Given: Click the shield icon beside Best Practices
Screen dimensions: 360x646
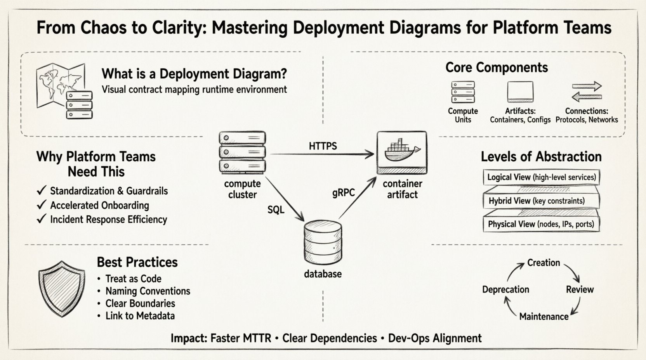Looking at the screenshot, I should [61, 289].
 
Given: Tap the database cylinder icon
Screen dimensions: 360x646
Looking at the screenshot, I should [323, 241].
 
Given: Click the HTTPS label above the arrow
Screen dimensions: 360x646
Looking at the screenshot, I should [323, 146].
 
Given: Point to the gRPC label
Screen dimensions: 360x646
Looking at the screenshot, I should [344, 192].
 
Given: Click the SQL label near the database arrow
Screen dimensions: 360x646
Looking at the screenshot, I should [276, 210].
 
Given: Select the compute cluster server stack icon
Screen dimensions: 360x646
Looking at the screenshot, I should [242, 152].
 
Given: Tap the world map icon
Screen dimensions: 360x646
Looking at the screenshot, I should [60, 85].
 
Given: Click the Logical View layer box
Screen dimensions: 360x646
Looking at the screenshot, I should [541, 177].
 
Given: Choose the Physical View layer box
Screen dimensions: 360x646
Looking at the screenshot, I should [541, 224].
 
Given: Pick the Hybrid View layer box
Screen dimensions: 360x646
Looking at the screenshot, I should [541, 201].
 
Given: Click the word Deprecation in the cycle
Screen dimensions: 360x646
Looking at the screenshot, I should [505, 290].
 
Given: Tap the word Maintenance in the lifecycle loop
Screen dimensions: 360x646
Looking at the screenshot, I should [544, 317].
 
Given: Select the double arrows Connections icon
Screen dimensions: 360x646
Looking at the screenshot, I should [587, 92].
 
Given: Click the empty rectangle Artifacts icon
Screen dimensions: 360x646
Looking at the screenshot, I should [520, 92].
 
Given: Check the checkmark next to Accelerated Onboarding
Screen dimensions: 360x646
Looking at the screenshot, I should [41, 205].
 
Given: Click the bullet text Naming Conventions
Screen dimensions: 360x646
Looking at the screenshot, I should [148, 291].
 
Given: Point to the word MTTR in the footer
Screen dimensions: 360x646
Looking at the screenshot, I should [257, 338].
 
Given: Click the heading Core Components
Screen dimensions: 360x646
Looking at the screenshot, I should [497, 67].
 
